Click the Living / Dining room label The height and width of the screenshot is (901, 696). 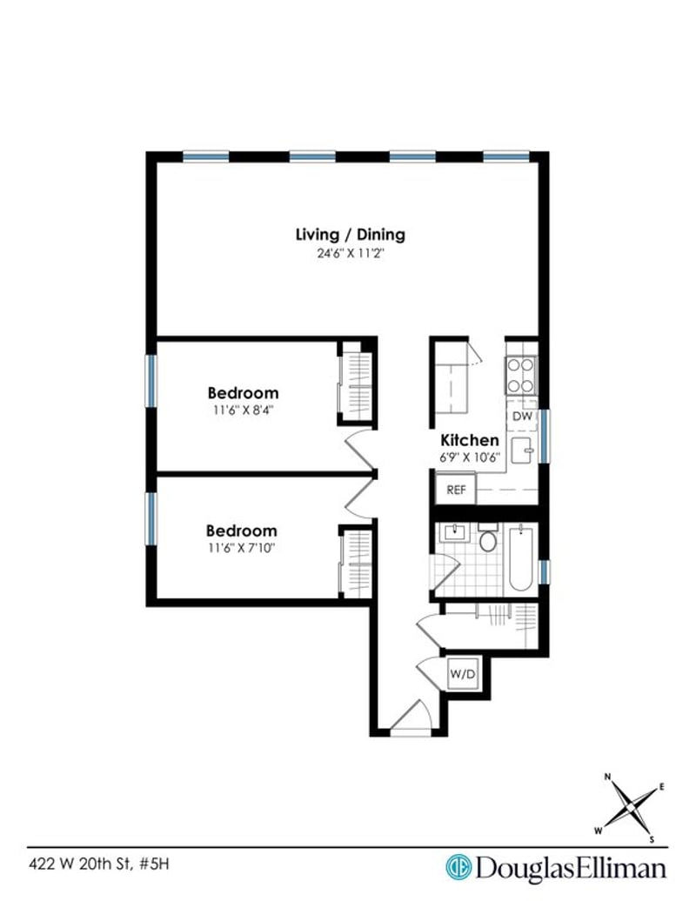pyautogui.click(x=350, y=235)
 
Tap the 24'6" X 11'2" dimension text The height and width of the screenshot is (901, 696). pyautogui.click(x=350, y=253)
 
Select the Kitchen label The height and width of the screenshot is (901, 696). pyautogui.click(x=470, y=440)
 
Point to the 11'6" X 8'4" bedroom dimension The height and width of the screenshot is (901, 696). pyautogui.click(x=243, y=410)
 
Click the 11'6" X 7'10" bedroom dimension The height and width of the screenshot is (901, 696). pyautogui.click(x=242, y=548)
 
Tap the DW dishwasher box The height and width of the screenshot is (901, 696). pyautogui.click(x=522, y=416)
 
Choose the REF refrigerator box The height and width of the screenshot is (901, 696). pyautogui.click(x=456, y=490)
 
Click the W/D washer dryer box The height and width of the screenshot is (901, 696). pyautogui.click(x=463, y=673)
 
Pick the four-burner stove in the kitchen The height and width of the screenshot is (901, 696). pyautogui.click(x=520, y=375)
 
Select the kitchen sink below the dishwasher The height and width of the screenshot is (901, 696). pyautogui.click(x=522, y=450)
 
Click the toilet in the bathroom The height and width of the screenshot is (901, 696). pyautogui.click(x=488, y=537)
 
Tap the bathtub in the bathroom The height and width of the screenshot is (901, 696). pyautogui.click(x=521, y=558)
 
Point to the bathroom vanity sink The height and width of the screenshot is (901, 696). pyautogui.click(x=455, y=532)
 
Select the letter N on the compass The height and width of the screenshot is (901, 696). pyautogui.click(x=607, y=777)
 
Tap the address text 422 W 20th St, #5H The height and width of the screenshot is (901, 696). pyautogui.click(x=99, y=864)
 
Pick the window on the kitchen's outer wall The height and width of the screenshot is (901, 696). pyautogui.click(x=544, y=436)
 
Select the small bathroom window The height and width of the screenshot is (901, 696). pyautogui.click(x=544, y=571)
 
